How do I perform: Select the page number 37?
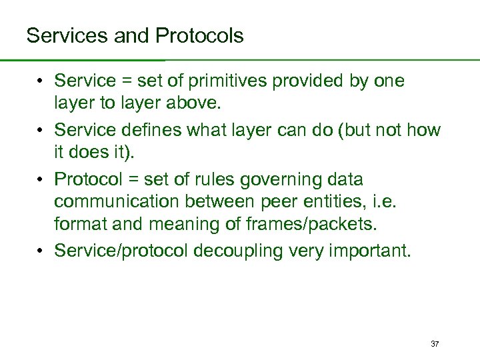(x=435, y=344)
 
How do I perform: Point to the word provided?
(x=306, y=81)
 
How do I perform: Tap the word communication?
(x=120, y=201)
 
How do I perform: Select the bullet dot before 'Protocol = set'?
(x=41, y=180)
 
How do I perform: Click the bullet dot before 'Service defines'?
(x=41, y=131)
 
